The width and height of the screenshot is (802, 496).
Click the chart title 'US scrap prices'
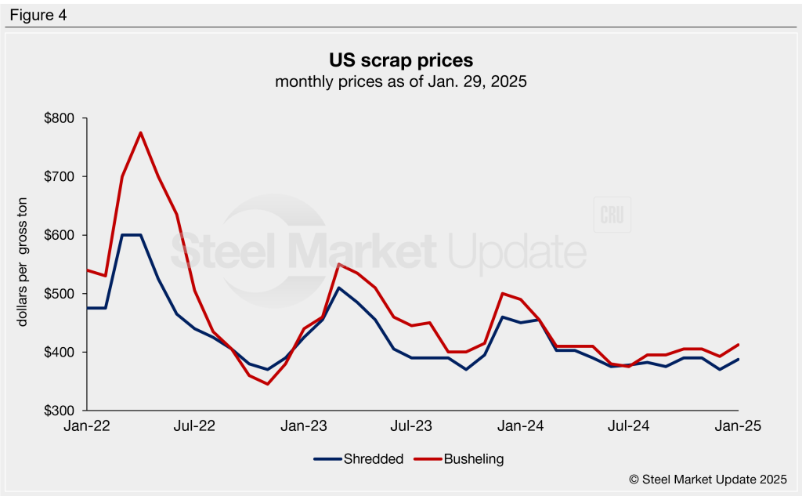(x=400, y=60)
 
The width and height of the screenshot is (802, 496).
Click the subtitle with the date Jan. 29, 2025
(x=400, y=81)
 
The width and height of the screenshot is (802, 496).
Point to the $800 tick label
(x=59, y=119)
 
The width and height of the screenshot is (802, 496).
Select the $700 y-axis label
(x=59, y=177)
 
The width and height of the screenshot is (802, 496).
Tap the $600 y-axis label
(x=59, y=236)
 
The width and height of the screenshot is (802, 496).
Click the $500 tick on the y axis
(x=59, y=294)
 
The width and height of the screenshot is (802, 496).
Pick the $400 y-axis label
(x=59, y=353)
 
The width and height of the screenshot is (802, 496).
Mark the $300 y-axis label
(x=59, y=411)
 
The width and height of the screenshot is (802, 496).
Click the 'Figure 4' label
(x=38, y=15)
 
